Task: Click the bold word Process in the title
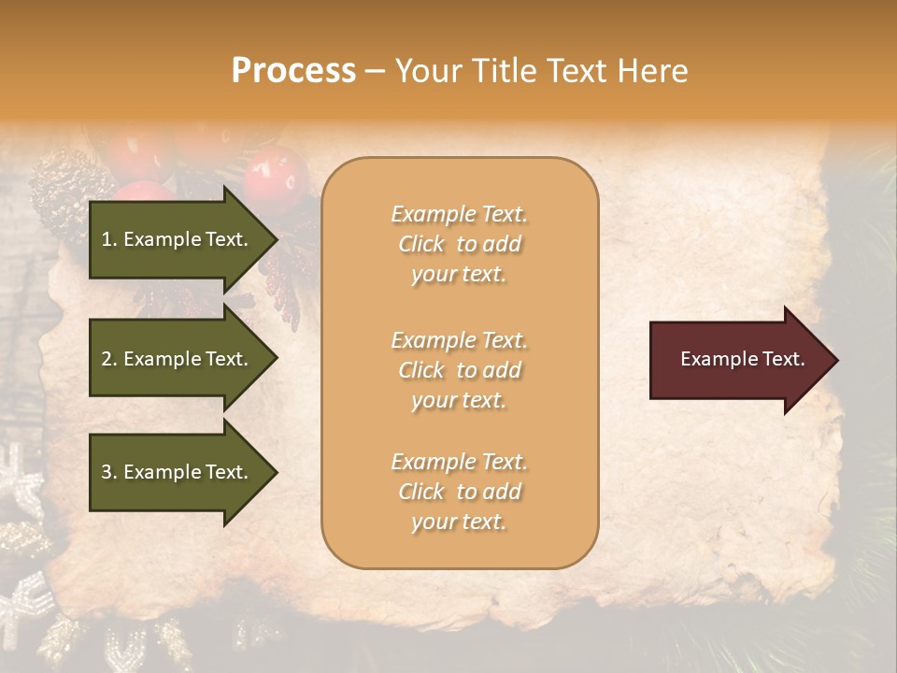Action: pos(293,70)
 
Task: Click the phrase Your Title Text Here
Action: pos(542,70)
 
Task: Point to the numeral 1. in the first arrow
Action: pos(108,239)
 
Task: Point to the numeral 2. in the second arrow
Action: pos(108,359)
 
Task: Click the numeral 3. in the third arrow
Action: pos(108,472)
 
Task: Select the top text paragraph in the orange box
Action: pos(460,244)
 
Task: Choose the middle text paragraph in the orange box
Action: pos(460,370)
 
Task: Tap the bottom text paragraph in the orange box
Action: pos(460,492)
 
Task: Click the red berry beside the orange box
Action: pos(276,178)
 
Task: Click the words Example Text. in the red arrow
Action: pos(743,360)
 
